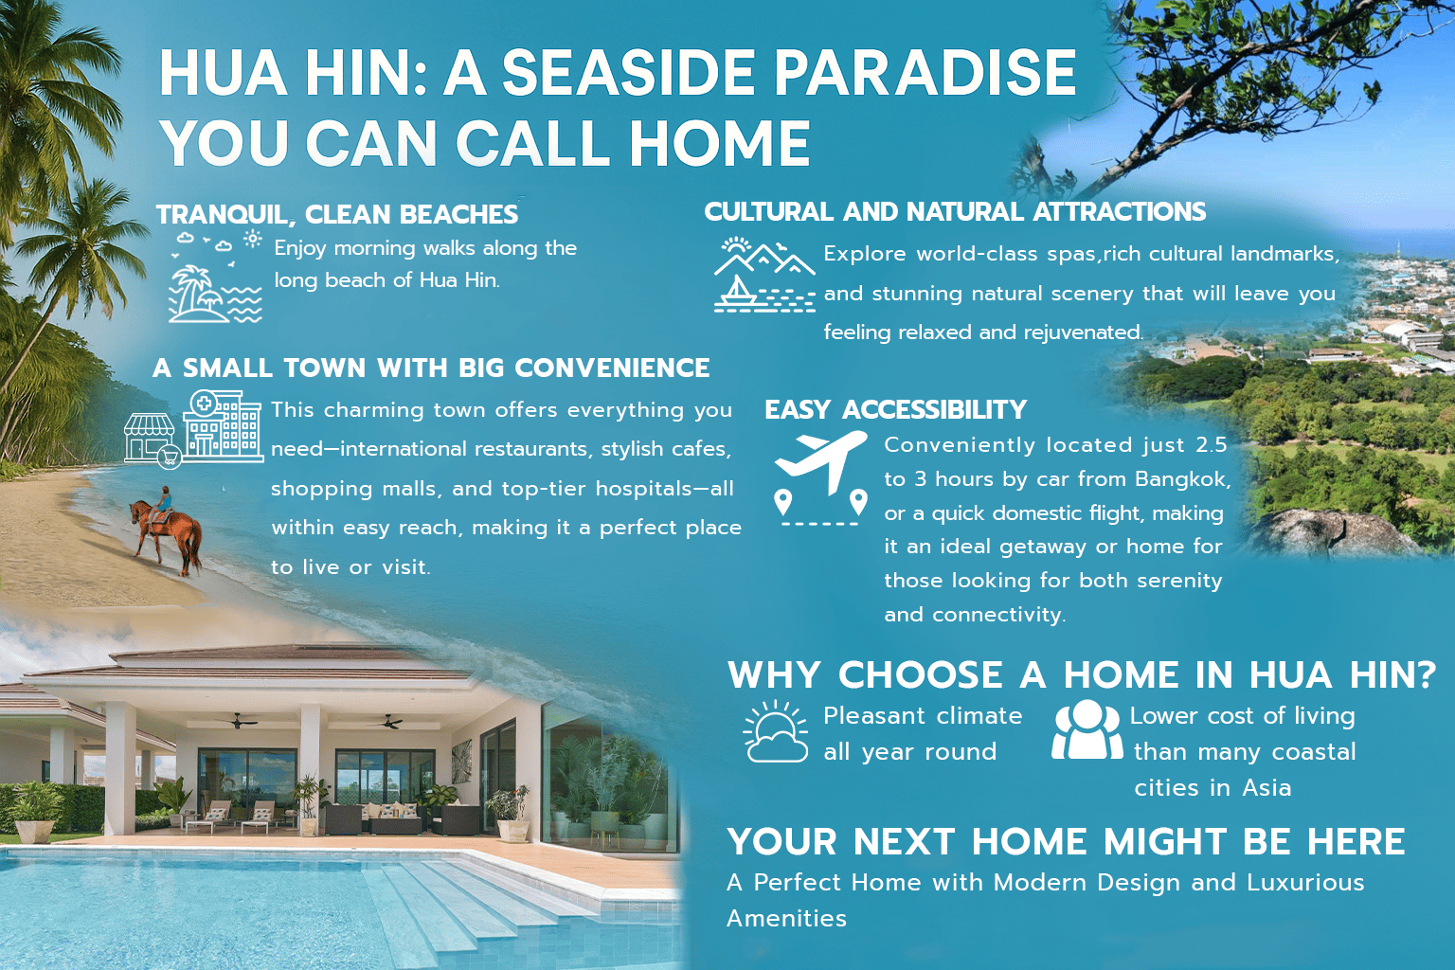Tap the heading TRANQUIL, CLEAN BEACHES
point(336,214)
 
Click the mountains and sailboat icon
point(764,276)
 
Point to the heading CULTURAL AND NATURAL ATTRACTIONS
point(955,212)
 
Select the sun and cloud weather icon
point(776,731)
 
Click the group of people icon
point(1087,729)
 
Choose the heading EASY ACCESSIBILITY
point(896,410)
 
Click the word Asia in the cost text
point(1266,788)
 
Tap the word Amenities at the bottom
point(786,919)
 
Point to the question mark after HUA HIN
point(1427,674)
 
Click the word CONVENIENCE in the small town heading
point(612,368)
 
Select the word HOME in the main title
point(719,143)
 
